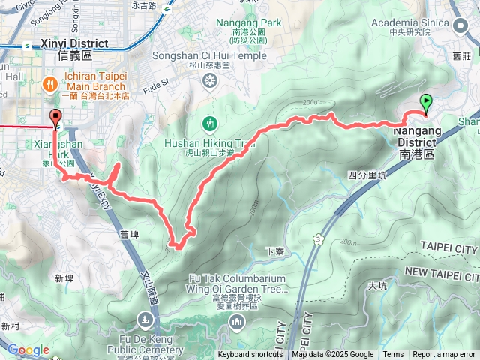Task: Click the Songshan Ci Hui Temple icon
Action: (210, 79)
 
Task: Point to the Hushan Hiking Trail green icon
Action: (210, 122)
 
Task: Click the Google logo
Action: (28, 349)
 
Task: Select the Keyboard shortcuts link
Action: (250, 355)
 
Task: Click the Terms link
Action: (393, 355)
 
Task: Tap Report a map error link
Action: (444, 355)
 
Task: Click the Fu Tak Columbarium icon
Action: (236, 322)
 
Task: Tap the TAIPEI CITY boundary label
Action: (449, 248)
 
